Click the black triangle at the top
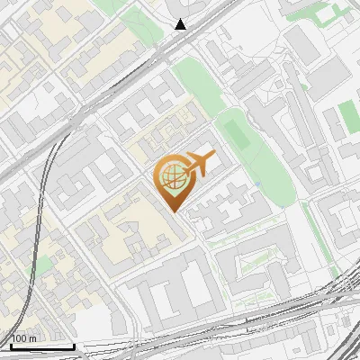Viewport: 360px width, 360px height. (181, 24)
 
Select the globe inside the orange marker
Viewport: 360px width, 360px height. (171, 177)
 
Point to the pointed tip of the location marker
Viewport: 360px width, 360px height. (172, 211)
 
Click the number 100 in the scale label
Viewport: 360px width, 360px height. (19, 339)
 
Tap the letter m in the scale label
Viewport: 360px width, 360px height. (33, 339)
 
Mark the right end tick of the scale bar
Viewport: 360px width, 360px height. (74, 346)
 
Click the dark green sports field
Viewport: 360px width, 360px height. (237, 132)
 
